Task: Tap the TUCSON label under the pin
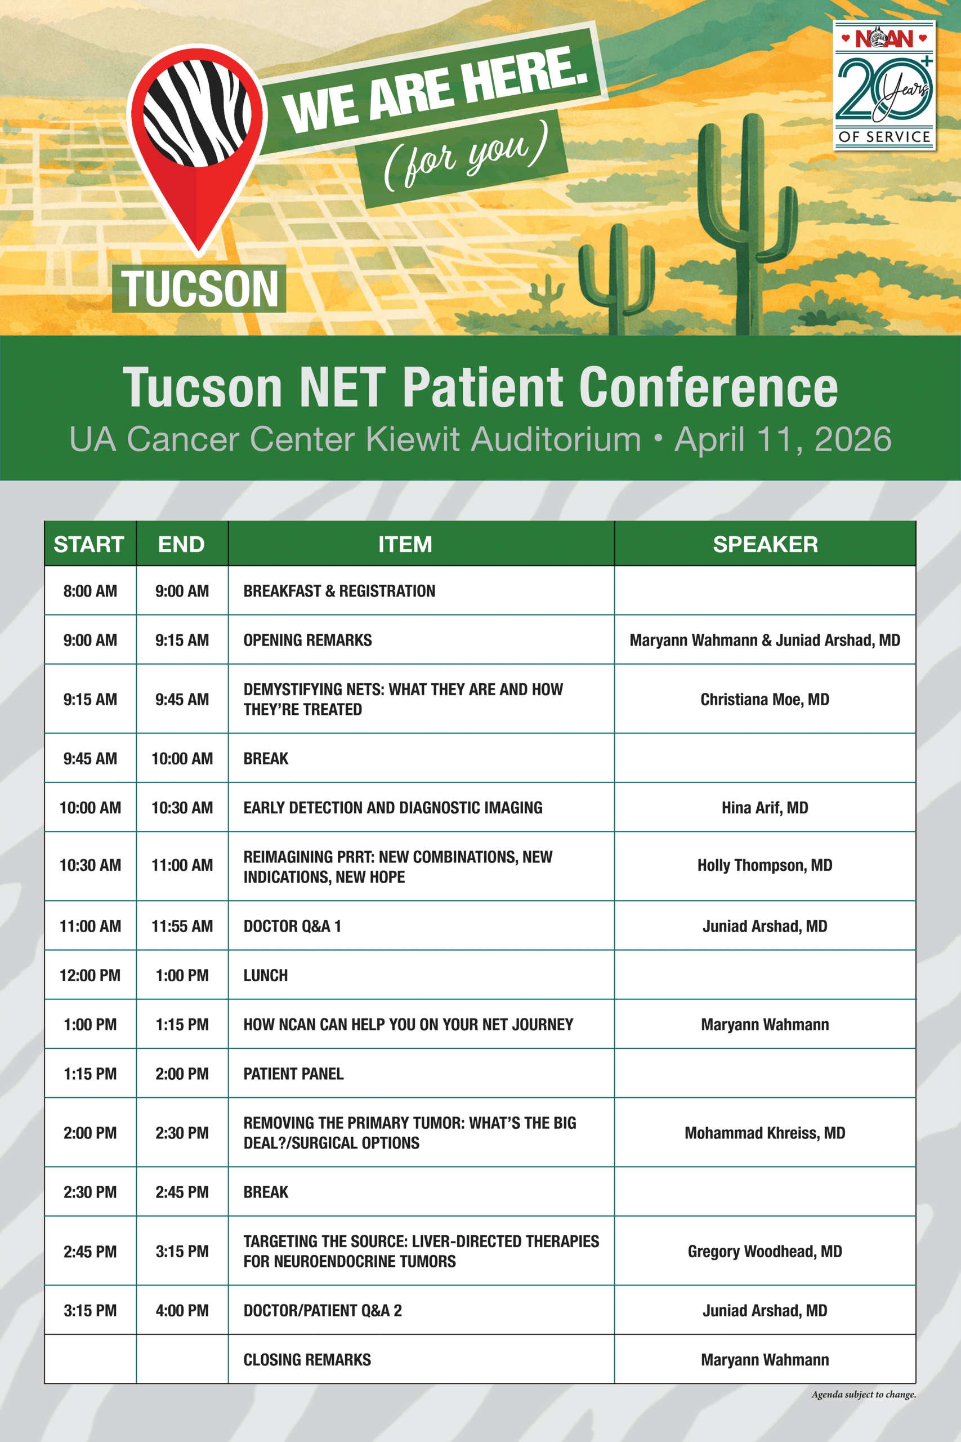click(x=199, y=289)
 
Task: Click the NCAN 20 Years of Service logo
click(x=884, y=85)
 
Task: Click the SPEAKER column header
click(x=765, y=544)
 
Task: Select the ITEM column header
click(x=405, y=544)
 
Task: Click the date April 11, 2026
click(x=783, y=439)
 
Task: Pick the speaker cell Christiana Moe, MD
click(x=765, y=700)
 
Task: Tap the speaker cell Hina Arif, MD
click(x=765, y=807)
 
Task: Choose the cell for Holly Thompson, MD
click(x=765, y=865)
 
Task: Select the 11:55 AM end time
click(x=182, y=926)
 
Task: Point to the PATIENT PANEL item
click(x=293, y=1074)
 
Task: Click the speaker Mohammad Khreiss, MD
click(x=765, y=1133)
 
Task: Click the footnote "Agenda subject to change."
click(x=864, y=1395)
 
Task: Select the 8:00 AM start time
click(x=90, y=591)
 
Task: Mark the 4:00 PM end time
click(x=182, y=1311)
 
